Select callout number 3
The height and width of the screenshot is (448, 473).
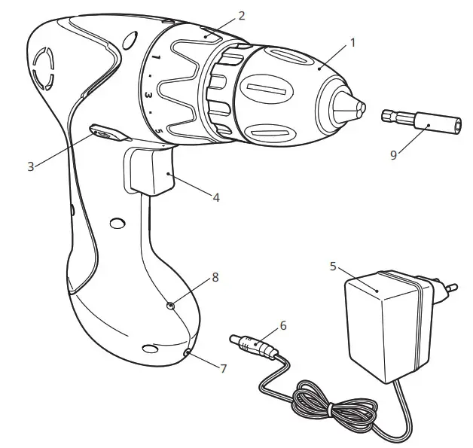(x=31, y=166)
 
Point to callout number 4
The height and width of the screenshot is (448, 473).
(x=216, y=198)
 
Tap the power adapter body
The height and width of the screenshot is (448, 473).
(x=384, y=327)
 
